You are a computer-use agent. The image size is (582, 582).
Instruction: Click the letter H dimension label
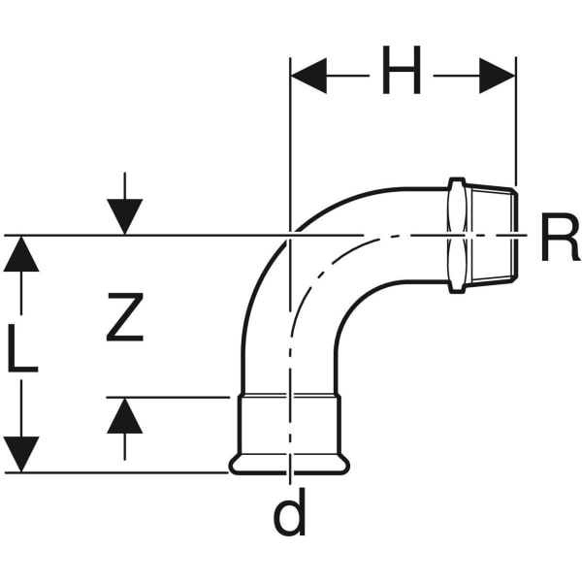pyautogui.click(x=401, y=73)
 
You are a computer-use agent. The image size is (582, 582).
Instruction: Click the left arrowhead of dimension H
pyautogui.click(x=308, y=75)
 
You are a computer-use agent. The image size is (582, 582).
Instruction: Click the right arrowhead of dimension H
pyautogui.click(x=498, y=75)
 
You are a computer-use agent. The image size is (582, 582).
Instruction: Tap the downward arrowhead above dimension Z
pyautogui.click(x=125, y=215)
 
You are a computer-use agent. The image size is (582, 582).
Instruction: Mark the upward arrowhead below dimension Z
pyautogui.click(x=125, y=416)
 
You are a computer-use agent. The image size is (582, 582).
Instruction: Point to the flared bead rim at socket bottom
pyautogui.click(x=289, y=466)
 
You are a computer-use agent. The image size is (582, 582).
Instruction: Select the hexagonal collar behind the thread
pyautogui.click(x=458, y=234)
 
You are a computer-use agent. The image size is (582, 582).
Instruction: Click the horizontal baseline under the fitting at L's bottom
pyautogui.click(x=116, y=472)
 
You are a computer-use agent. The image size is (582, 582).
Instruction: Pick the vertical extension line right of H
pyautogui.click(x=516, y=126)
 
